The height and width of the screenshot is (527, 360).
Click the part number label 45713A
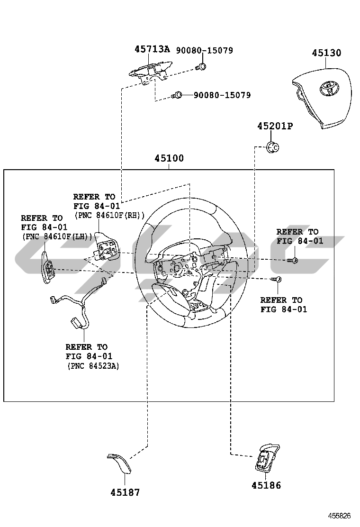[x=152, y=49]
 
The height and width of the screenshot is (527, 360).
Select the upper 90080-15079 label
[x=205, y=50]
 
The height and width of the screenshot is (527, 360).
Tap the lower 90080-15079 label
[x=222, y=95]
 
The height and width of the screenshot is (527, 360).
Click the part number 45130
[x=326, y=53]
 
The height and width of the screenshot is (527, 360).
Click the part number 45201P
[x=275, y=126]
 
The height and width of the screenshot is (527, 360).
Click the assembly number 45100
[x=169, y=158]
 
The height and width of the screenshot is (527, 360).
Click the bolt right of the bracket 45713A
[x=201, y=67]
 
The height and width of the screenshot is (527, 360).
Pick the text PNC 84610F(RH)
[x=109, y=215]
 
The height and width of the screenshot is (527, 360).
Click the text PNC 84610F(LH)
[x=56, y=236]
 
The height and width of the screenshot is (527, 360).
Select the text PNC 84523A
[x=92, y=365]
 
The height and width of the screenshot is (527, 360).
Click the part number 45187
[x=125, y=492]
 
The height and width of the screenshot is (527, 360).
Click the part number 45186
[x=266, y=485]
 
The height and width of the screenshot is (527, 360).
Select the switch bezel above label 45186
[x=266, y=457]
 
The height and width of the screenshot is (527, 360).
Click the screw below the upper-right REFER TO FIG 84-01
[x=293, y=260]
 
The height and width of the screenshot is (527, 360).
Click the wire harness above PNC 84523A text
[x=81, y=309]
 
